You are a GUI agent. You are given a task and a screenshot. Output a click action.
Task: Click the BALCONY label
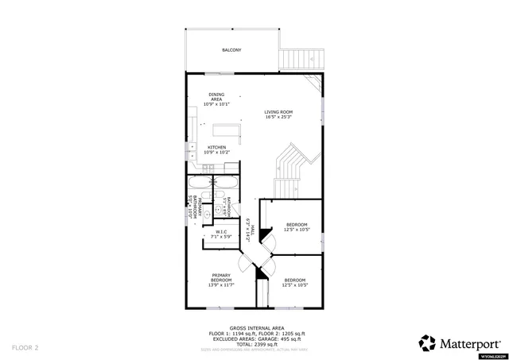point(231,50)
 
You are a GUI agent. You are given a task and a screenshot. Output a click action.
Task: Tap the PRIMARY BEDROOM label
point(221,280)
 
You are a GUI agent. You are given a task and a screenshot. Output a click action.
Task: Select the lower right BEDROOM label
point(295,281)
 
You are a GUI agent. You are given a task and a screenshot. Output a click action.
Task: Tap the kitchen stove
point(208,166)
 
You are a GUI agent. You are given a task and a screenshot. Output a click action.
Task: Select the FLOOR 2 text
point(25,347)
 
